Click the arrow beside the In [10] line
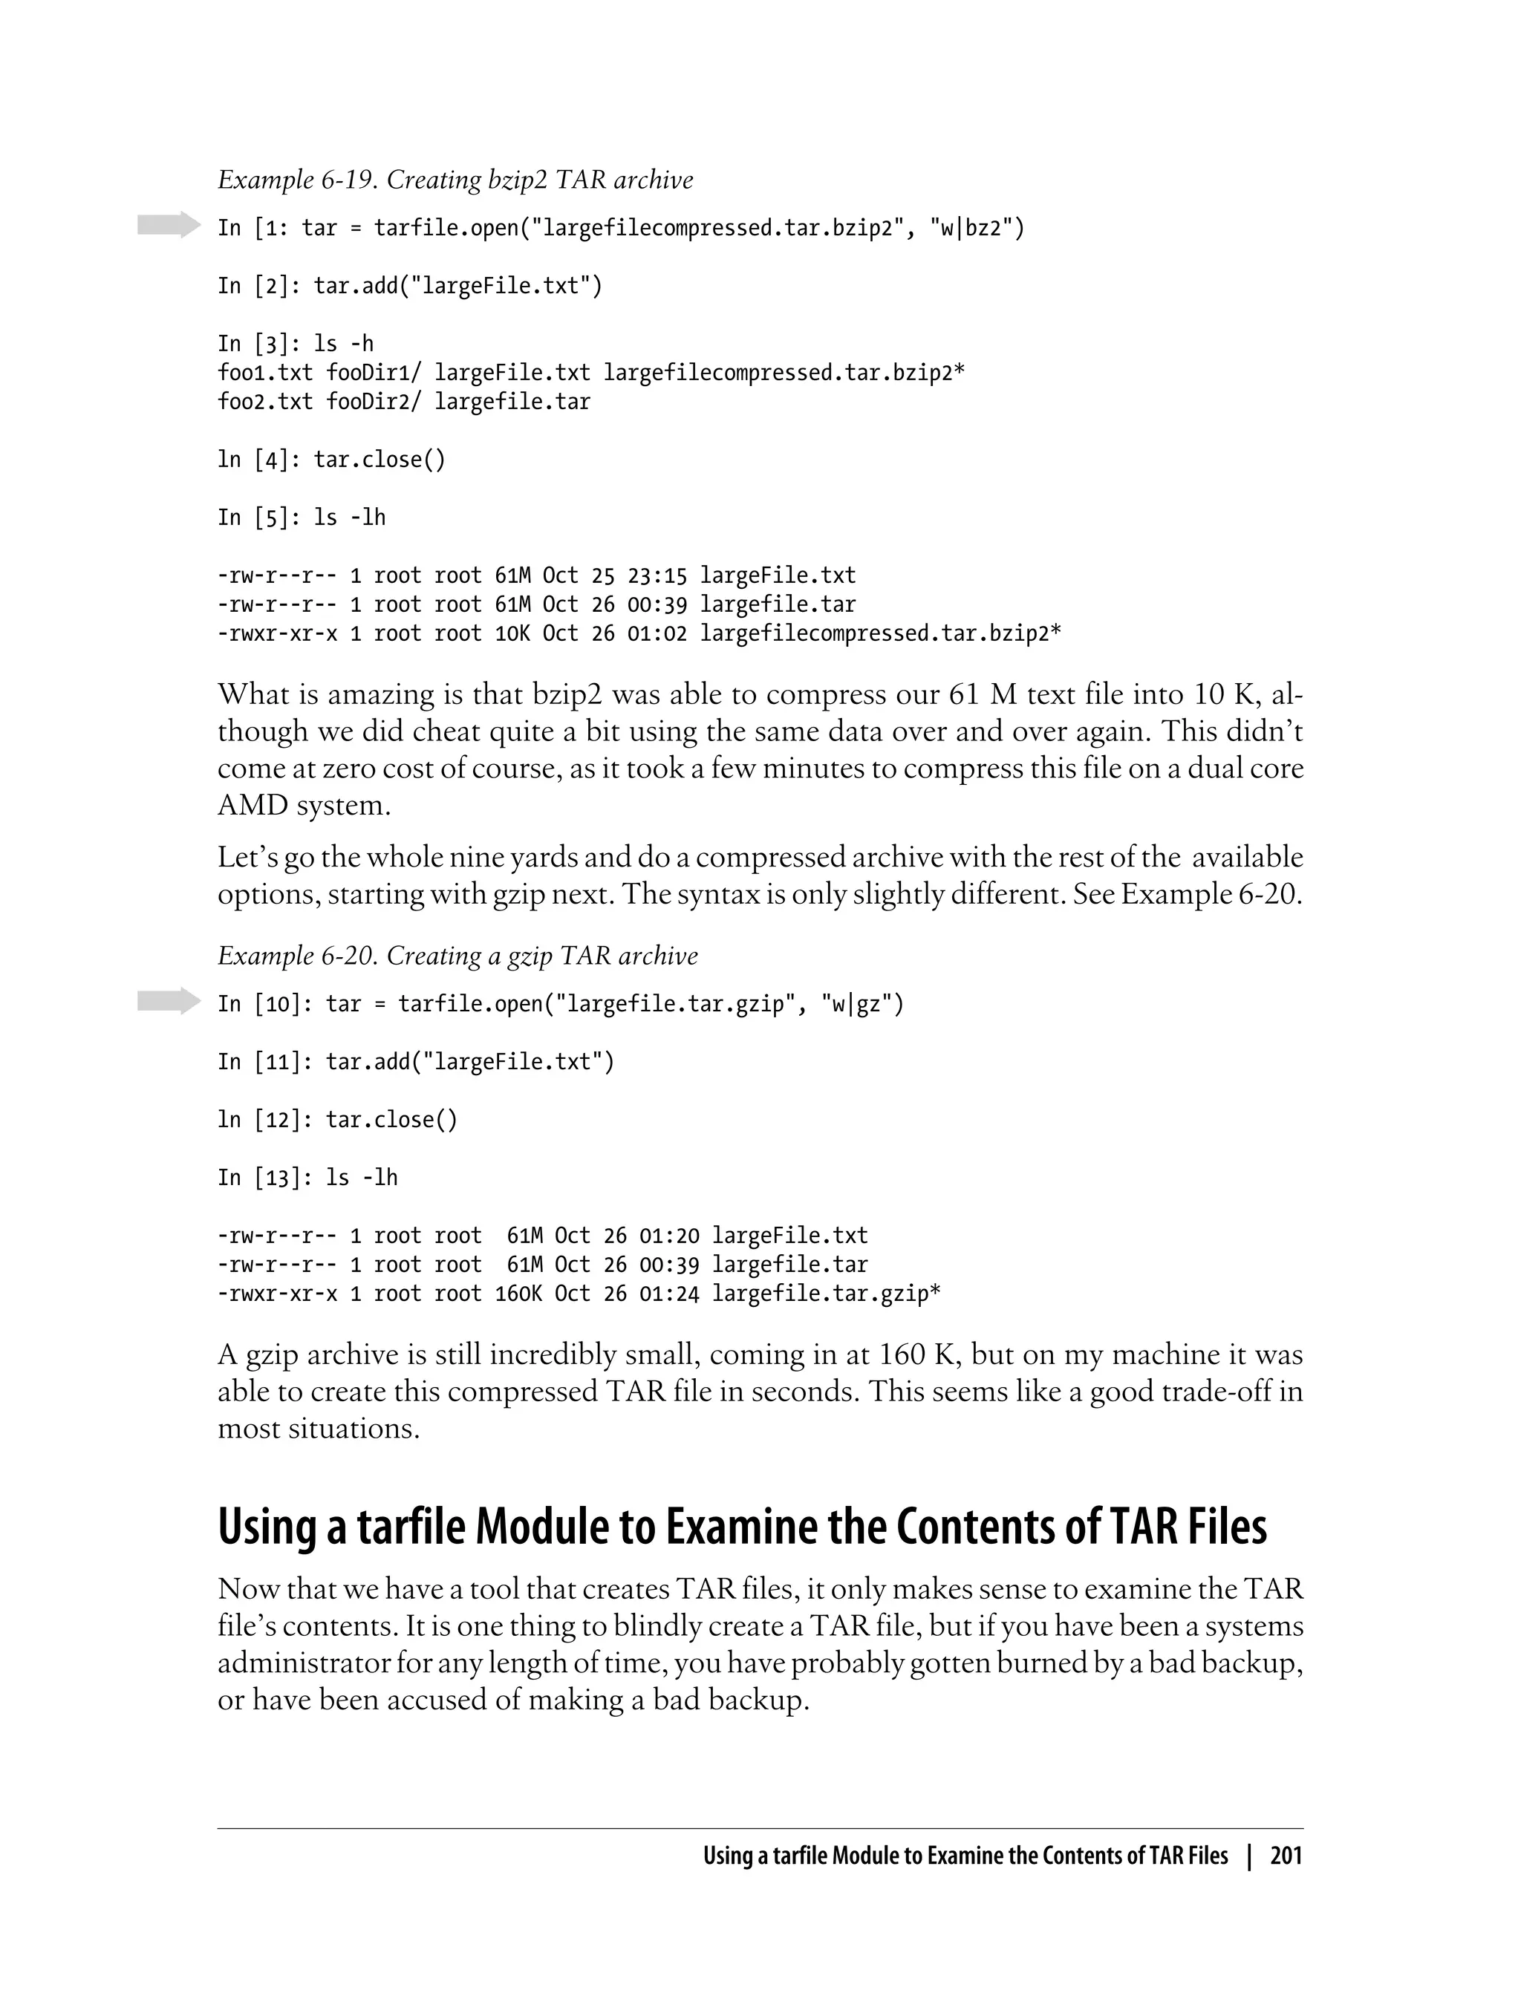(x=169, y=1001)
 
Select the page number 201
(x=1286, y=1856)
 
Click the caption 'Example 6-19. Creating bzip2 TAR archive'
(x=455, y=180)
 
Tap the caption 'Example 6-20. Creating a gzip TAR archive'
(x=457, y=956)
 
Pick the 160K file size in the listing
(x=518, y=1294)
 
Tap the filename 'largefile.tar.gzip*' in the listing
(x=826, y=1294)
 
